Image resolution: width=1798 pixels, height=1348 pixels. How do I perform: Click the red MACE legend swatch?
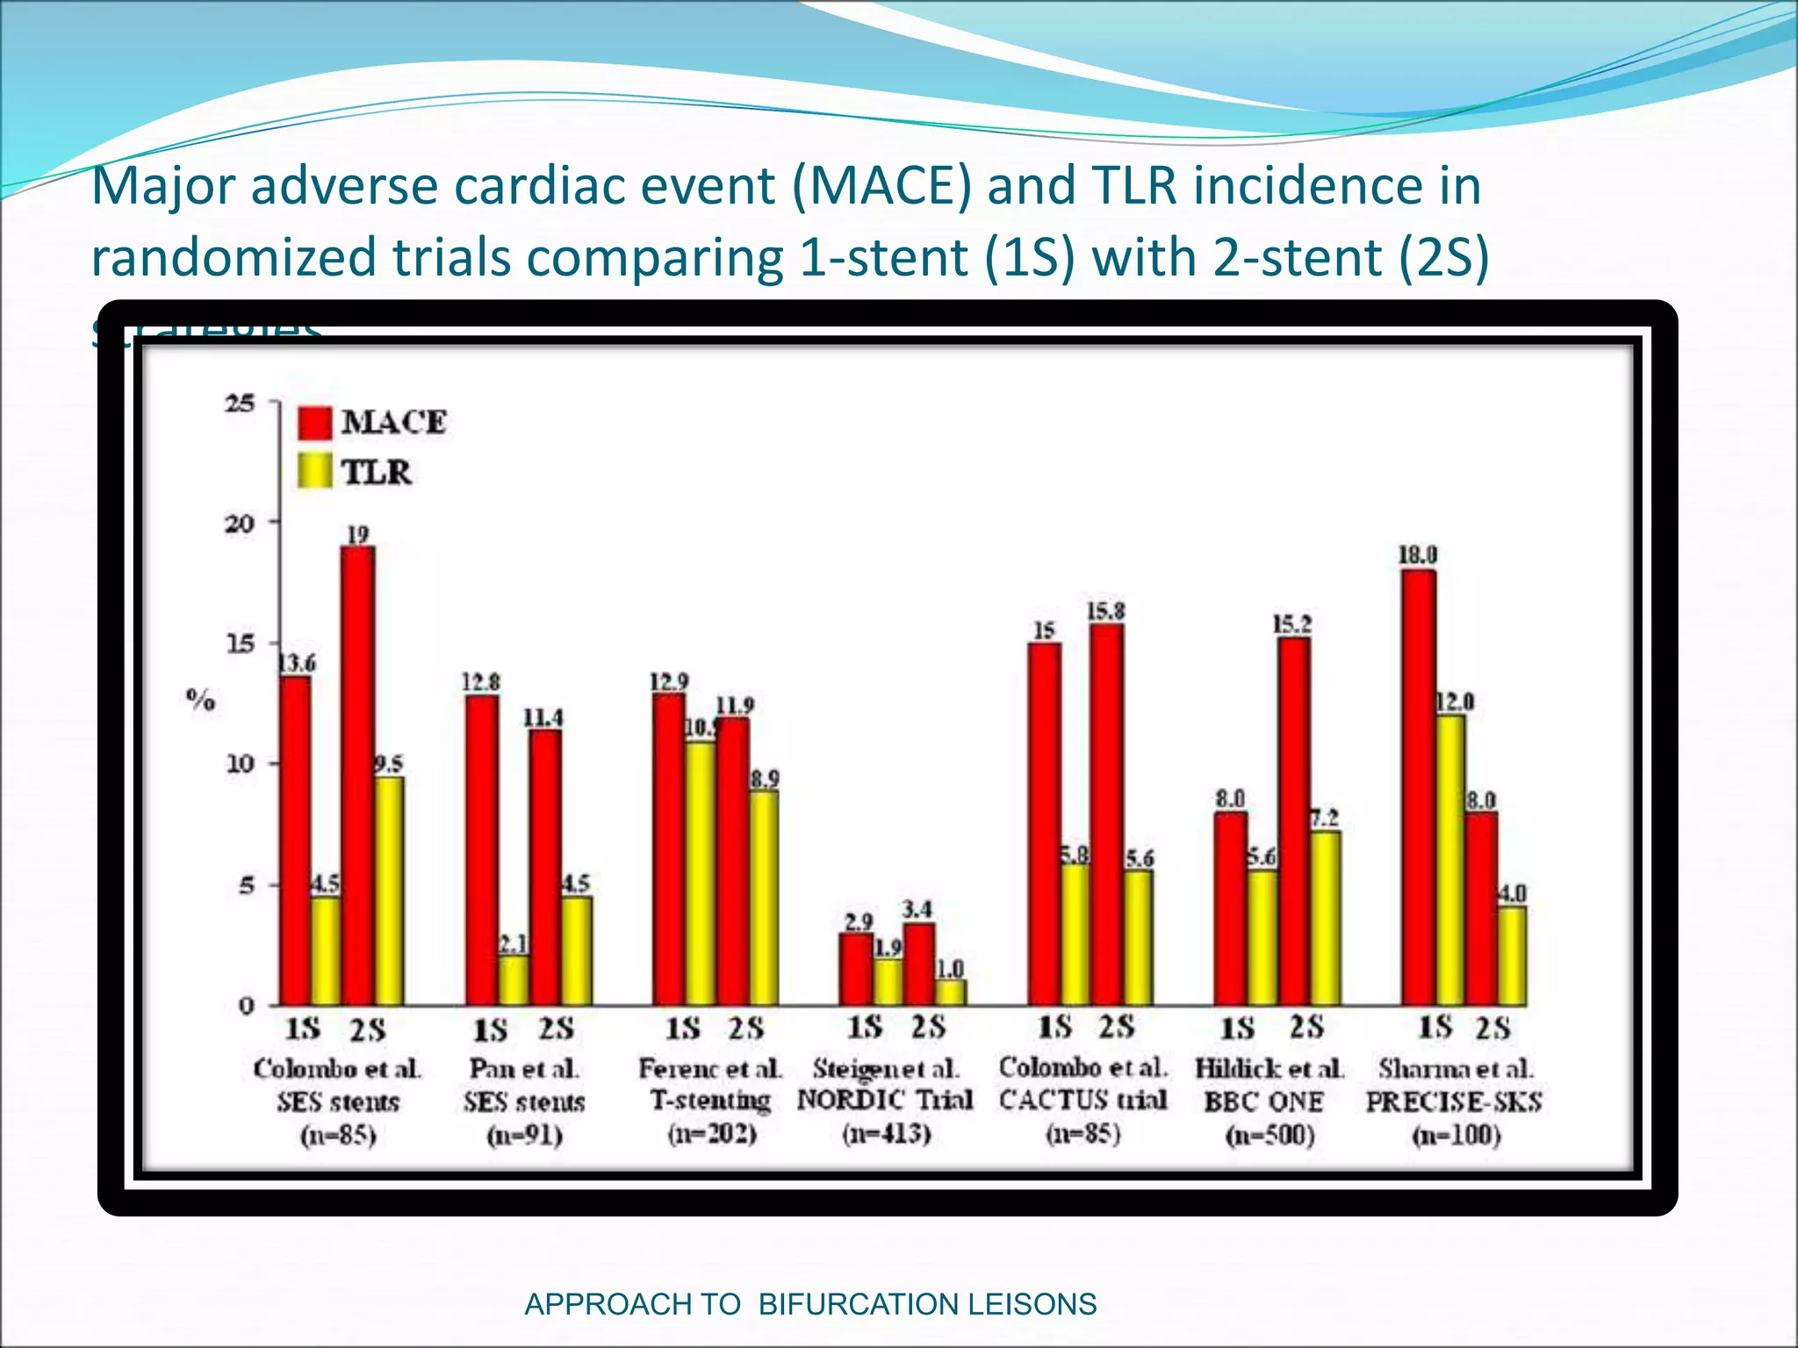pos(314,422)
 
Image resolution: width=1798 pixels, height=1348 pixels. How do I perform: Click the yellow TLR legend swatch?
pos(314,471)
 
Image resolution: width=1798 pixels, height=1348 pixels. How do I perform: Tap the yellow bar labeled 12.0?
pos(1449,860)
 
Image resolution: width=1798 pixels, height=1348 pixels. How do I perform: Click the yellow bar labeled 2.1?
pos(514,980)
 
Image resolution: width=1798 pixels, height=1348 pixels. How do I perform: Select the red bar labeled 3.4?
pos(919,964)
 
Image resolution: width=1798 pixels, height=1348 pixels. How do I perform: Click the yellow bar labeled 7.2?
pos(1325,918)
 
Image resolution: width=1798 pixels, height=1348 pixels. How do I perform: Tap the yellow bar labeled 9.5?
pos(389,891)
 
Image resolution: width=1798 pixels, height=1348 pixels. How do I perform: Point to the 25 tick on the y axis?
pos(240,404)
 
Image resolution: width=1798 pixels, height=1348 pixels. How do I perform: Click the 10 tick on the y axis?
pos(240,764)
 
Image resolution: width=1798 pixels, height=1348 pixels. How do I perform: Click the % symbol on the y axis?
pos(201,700)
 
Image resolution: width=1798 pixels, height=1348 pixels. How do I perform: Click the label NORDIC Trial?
pos(885,1101)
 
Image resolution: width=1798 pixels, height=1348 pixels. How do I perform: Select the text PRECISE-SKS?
pos(1453,1102)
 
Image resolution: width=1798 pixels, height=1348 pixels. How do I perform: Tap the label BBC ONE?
pos(1263,1102)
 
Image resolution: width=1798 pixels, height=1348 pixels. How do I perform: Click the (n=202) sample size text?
pos(712,1134)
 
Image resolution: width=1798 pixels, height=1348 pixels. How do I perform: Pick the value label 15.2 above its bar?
pos(1292,625)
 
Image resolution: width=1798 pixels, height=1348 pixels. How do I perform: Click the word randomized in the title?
pos(234,259)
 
